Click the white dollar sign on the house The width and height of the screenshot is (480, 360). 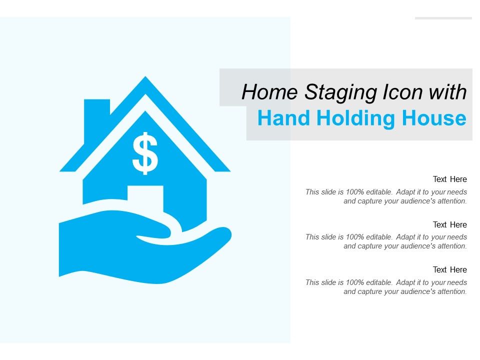point(145,153)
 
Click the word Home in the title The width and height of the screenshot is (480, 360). point(270,93)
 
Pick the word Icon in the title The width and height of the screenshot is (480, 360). point(400,93)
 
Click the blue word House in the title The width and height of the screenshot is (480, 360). point(434,119)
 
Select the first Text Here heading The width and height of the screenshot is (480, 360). point(449,179)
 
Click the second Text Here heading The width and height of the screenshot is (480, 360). point(449,224)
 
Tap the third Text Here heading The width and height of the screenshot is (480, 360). point(449,269)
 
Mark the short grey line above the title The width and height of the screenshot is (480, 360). point(443,18)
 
